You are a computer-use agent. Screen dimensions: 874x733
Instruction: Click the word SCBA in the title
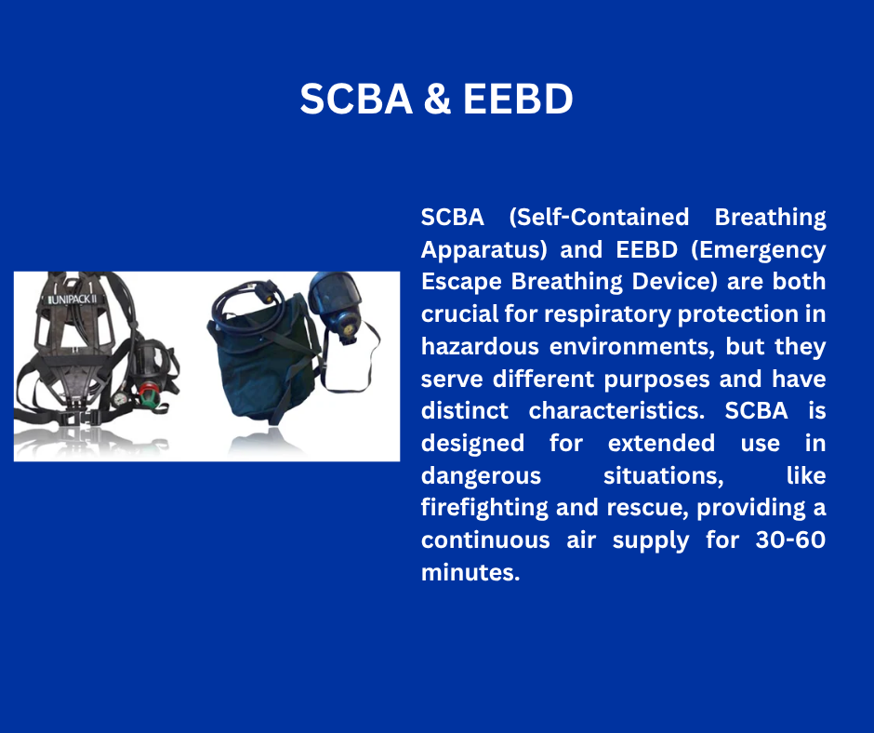coord(356,100)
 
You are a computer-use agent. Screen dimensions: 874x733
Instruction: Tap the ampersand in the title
coord(438,100)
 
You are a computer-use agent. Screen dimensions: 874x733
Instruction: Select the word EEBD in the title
coord(518,100)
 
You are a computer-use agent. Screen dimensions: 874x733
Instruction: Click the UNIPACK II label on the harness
coord(73,300)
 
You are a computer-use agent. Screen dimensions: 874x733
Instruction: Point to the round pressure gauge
coord(120,399)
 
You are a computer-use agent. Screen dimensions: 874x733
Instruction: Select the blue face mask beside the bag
coord(336,306)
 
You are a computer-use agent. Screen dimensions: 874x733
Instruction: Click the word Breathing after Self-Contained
coord(770,218)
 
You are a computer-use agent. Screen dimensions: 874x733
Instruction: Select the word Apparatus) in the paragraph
coord(484,250)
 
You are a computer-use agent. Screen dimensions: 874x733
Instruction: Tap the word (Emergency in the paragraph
coord(759,250)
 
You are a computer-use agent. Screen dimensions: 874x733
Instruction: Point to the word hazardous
coord(480,346)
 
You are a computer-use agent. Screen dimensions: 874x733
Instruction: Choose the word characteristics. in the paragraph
coord(616,410)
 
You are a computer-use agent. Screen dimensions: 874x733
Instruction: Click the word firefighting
coord(484,508)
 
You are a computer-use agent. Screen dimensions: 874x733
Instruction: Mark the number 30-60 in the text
coord(790,540)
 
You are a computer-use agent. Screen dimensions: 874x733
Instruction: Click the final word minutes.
coord(470,572)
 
